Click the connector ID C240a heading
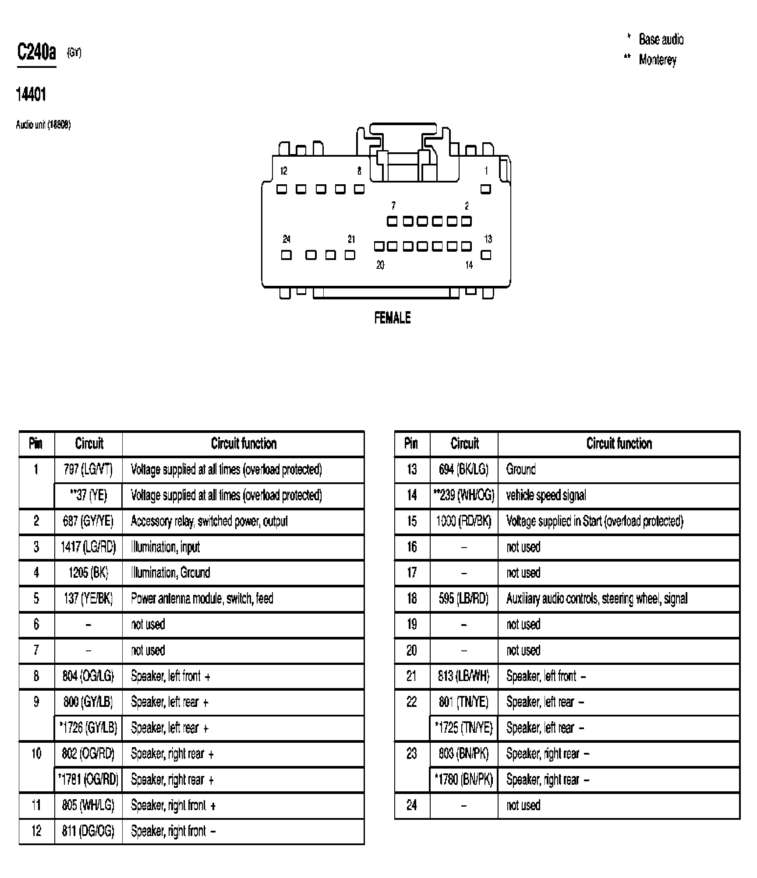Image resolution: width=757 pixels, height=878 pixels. (x=36, y=53)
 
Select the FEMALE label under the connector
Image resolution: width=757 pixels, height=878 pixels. (x=392, y=318)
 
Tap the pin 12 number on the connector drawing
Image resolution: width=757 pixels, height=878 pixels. (x=283, y=171)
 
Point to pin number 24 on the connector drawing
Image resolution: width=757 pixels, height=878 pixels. (x=286, y=239)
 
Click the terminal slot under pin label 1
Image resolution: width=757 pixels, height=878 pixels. (x=485, y=189)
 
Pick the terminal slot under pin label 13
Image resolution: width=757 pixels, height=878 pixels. (x=485, y=255)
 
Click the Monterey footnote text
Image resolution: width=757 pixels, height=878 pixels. (x=657, y=60)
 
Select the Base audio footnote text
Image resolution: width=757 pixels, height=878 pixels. (x=661, y=39)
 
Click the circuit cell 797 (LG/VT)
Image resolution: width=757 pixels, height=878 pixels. (x=88, y=470)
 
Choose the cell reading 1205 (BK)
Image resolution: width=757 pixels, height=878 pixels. (x=88, y=573)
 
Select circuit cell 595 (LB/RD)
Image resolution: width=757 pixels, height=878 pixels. (x=463, y=599)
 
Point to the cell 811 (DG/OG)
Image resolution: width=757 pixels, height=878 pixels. (x=88, y=831)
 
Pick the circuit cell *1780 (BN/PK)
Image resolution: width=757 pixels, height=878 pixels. (x=463, y=780)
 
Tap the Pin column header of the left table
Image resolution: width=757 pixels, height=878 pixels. (x=36, y=444)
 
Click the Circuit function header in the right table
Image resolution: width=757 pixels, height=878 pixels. (x=619, y=444)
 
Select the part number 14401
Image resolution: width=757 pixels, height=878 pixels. (x=31, y=94)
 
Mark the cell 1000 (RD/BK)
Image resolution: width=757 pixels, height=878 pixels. (x=463, y=521)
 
